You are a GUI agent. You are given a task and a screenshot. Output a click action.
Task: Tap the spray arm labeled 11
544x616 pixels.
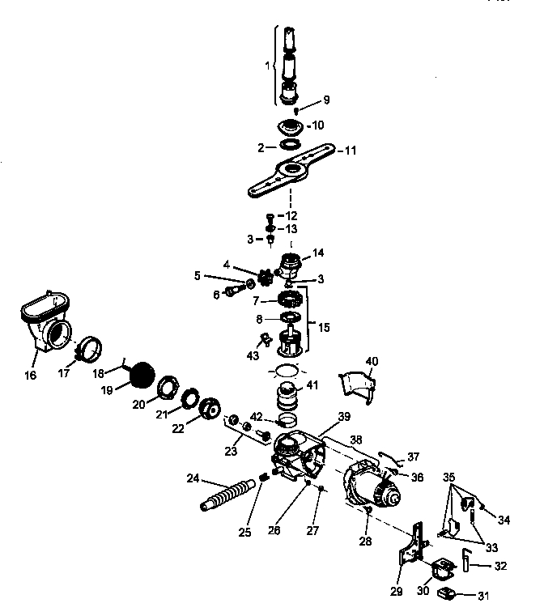(x=290, y=170)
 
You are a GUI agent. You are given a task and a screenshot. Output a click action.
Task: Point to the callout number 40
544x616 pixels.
(x=372, y=360)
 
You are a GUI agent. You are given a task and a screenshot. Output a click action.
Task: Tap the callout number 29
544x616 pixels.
(x=397, y=593)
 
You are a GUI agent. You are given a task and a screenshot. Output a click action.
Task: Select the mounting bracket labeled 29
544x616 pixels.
(x=413, y=547)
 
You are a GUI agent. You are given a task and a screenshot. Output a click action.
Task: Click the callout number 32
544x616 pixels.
(x=502, y=566)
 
